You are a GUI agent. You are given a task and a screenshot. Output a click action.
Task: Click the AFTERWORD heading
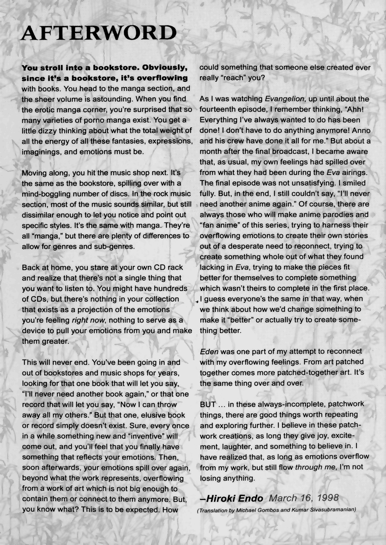click(98, 33)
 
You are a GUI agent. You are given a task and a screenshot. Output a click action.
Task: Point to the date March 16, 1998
click(303, 498)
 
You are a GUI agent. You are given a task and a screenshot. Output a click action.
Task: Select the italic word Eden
click(209, 351)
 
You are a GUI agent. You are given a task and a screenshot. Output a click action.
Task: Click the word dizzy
click(43, 131)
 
